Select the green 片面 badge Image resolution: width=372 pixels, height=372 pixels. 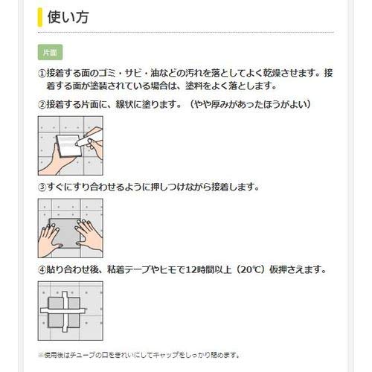(51, 53)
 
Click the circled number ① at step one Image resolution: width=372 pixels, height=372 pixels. (42, 74)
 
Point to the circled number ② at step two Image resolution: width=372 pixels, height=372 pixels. (42, 104)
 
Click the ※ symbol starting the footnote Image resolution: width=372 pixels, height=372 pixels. (40, 355)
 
